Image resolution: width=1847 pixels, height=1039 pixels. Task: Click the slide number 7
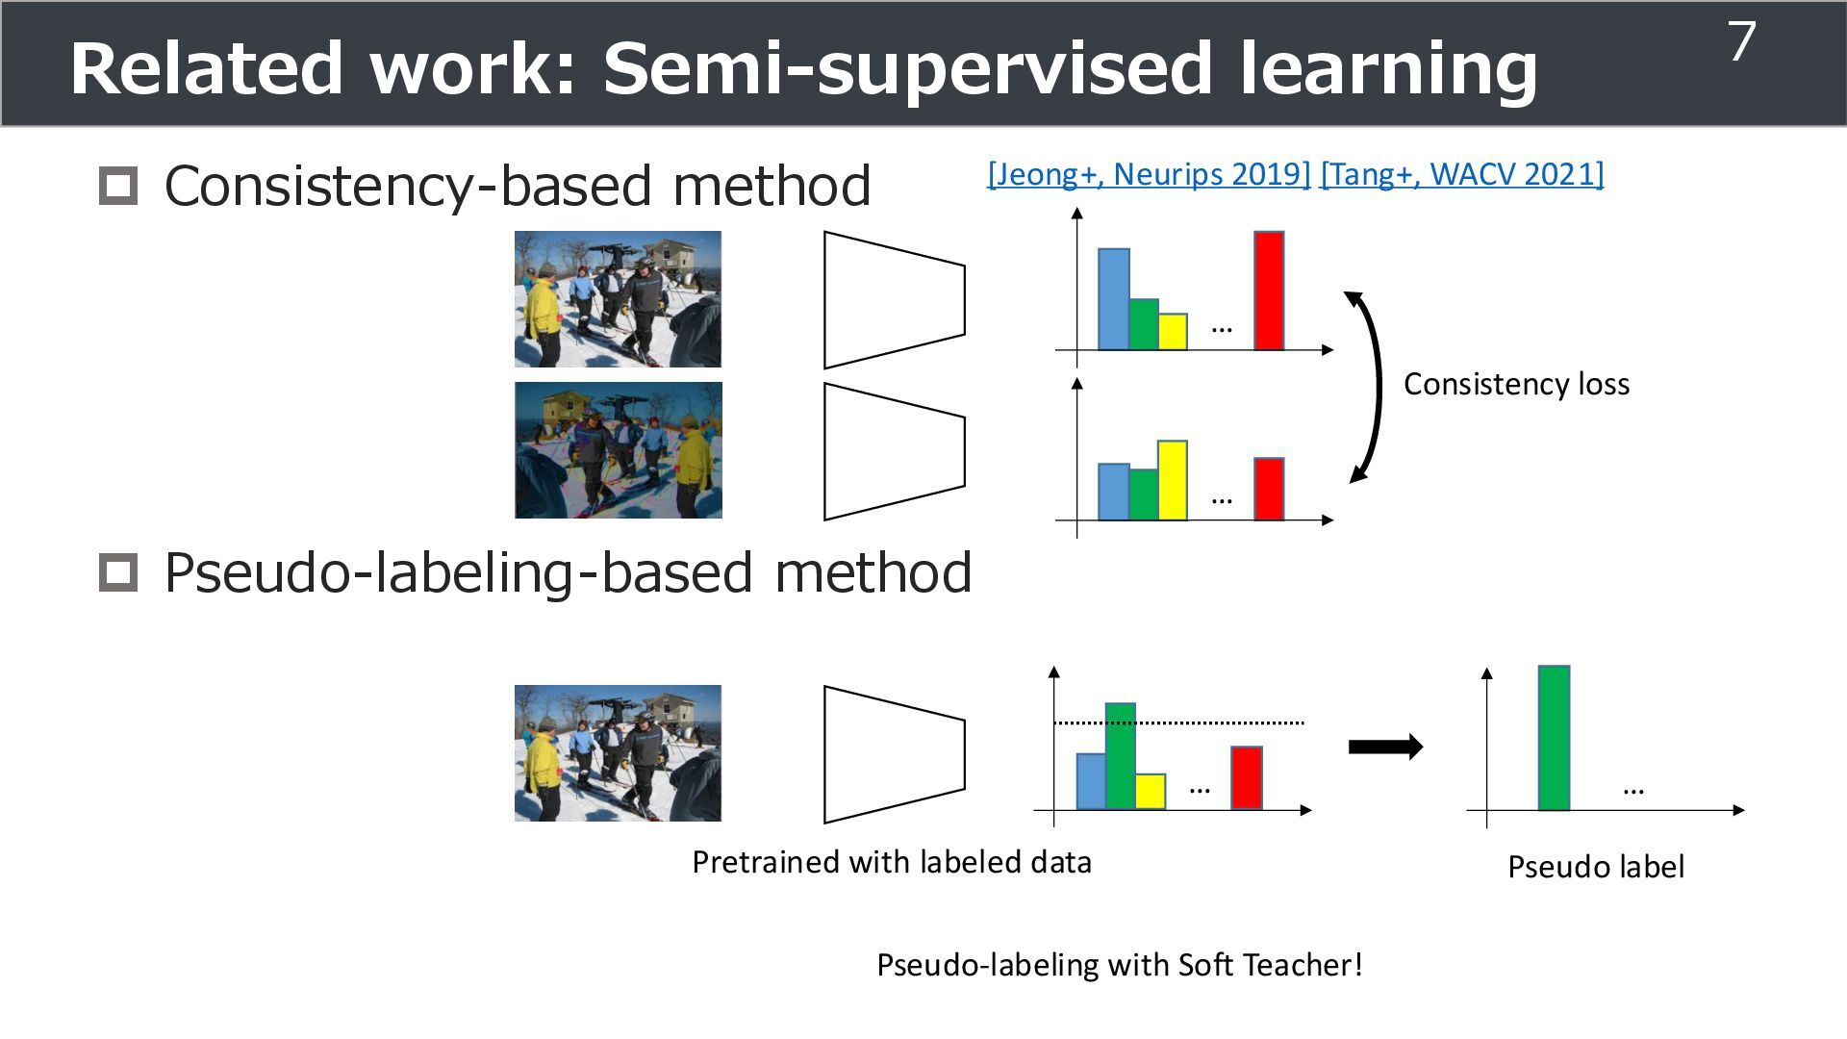(1742, 43)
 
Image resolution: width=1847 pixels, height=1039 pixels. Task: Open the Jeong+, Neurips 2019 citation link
(1149, 174)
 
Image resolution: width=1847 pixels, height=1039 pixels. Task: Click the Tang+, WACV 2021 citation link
(1462, 174)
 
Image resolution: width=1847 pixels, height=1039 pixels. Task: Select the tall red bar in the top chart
(1269, 291)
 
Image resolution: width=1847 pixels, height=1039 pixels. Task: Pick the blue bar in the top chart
(1113, 299)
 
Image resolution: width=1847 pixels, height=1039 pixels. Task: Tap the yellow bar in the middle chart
(1172, 480)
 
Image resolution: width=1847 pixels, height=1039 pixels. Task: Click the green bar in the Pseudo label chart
(1554, 738)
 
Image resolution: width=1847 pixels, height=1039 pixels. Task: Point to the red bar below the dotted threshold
(1246, 777)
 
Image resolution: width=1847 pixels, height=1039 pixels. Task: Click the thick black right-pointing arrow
(1385, 747)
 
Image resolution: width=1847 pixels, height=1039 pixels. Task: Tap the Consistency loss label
(1516, 385)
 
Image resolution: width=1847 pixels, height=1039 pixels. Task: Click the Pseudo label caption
(1595, 867)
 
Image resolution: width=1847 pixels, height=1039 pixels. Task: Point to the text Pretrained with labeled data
(892, 862)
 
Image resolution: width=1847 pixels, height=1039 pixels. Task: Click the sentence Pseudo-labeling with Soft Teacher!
(1119, 965)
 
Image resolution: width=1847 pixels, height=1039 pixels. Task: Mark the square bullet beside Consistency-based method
(118, 186)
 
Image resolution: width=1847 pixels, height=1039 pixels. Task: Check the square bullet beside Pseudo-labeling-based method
(118, 572)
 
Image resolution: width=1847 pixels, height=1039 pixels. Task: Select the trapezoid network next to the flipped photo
(894, 451)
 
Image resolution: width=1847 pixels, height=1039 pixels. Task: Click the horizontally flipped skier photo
(618, 450)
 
